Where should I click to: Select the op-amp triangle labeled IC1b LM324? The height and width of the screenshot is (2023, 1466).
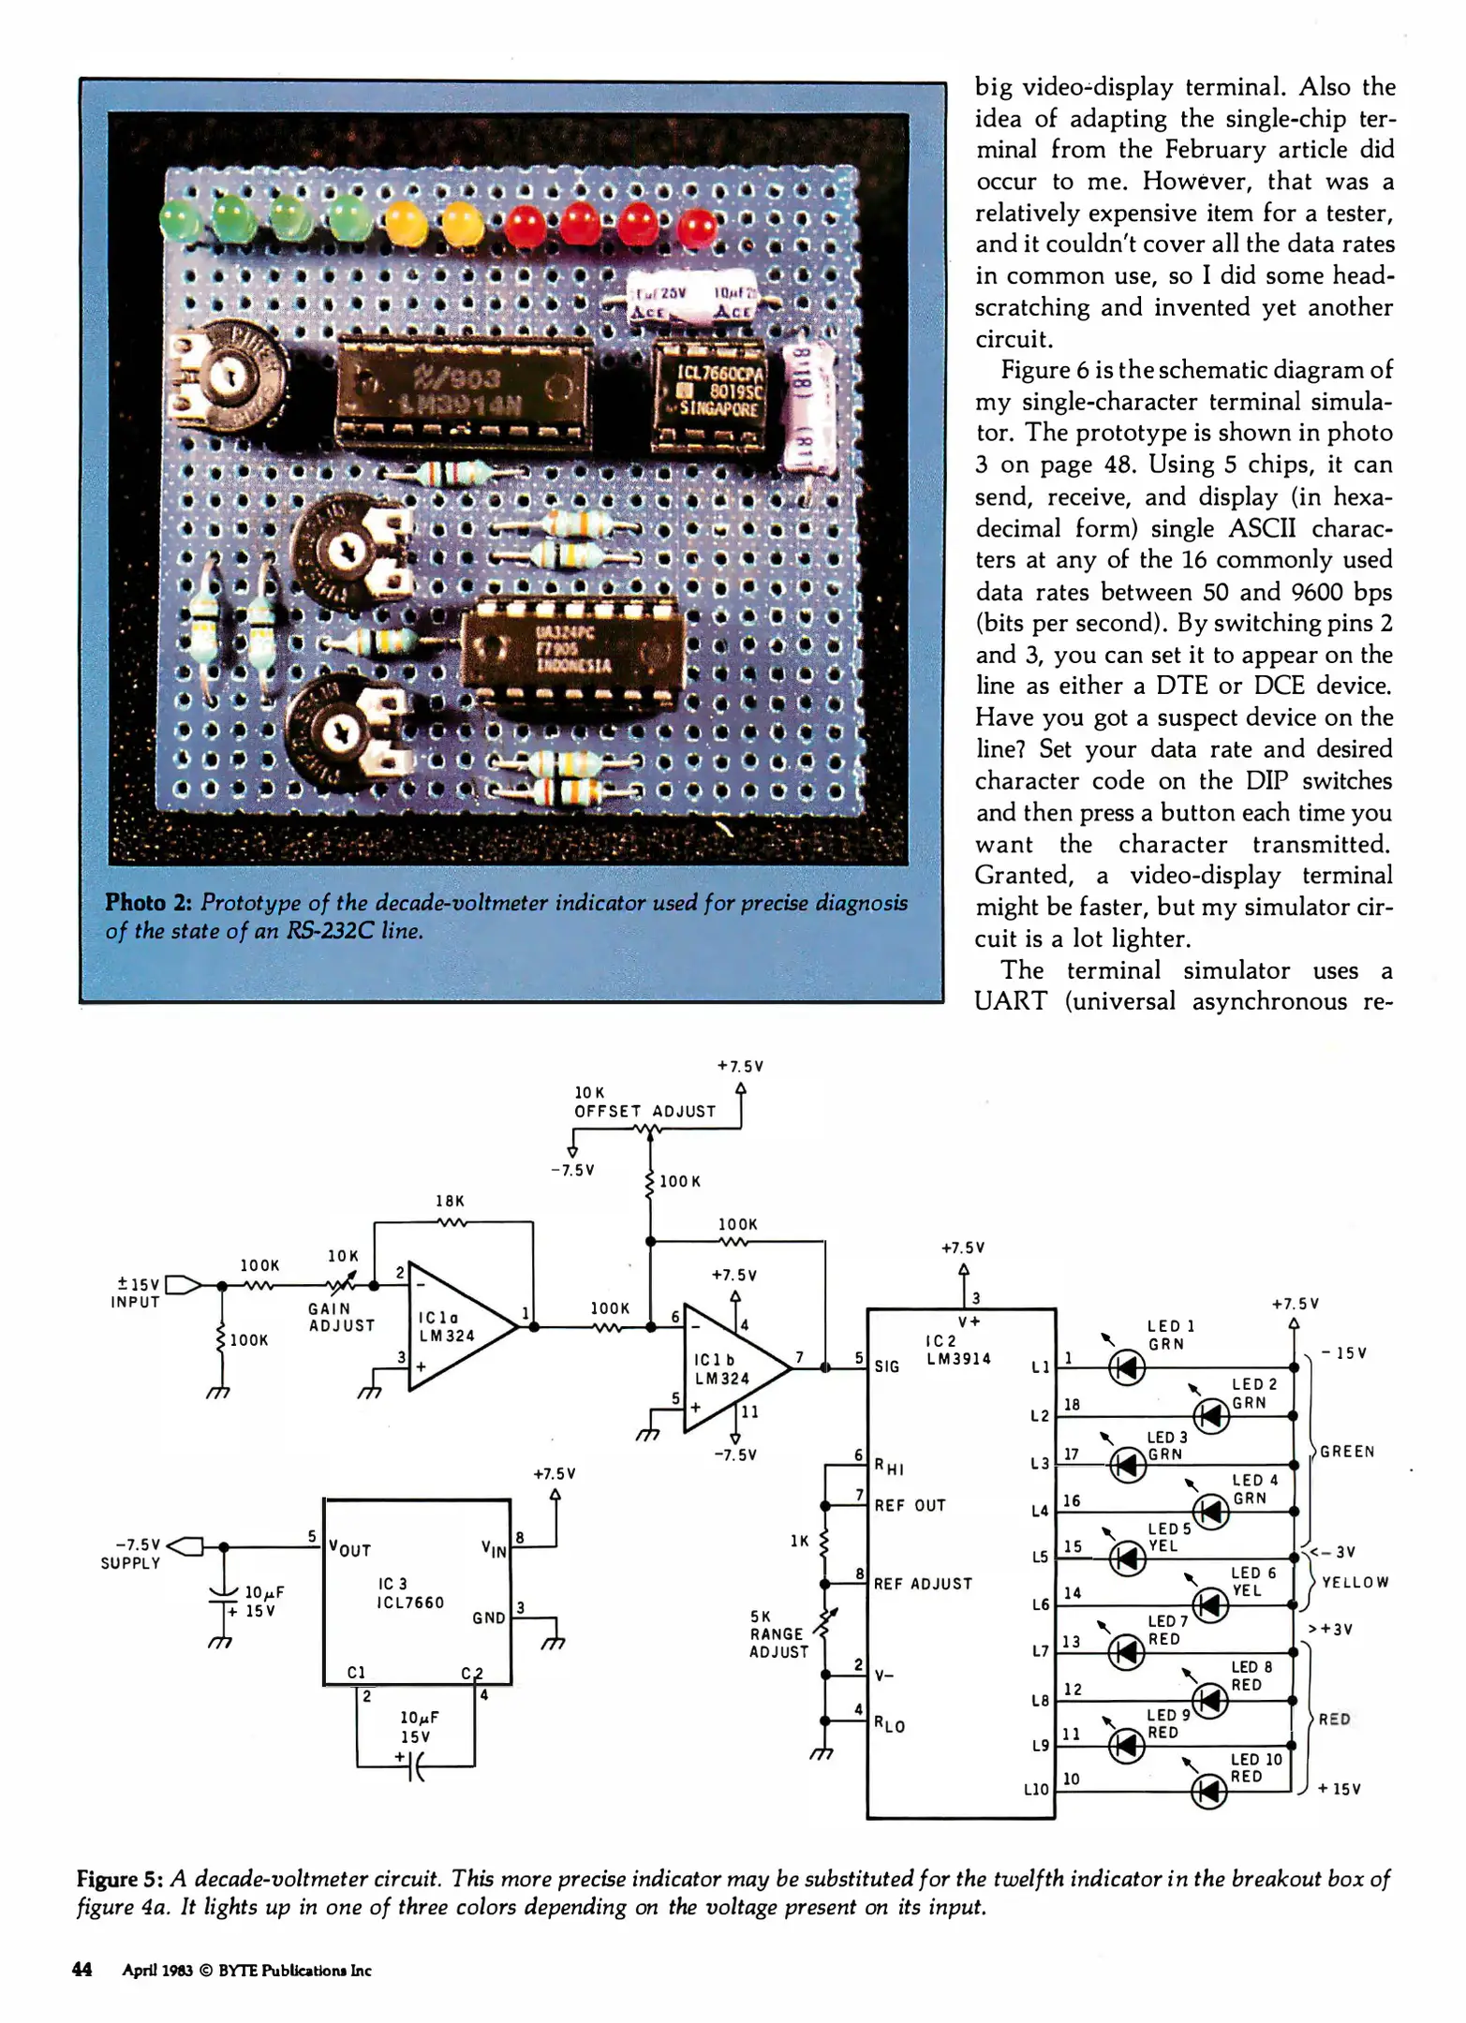pos(731,1368)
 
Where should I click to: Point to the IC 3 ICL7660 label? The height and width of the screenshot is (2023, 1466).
pos(410,1593)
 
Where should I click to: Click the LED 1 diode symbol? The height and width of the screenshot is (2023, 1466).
pos(1126,1368)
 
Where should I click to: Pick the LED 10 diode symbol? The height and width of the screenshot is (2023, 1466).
pos(1209,1793)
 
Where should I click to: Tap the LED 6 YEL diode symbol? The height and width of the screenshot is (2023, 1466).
pos(1210,1605)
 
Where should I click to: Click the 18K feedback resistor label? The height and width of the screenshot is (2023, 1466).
pos(450,1201)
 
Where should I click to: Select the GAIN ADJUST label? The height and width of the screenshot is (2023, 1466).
pos(342,1317)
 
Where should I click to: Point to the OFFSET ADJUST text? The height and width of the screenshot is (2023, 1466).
pos(644,1112)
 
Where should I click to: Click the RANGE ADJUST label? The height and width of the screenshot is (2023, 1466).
pos(778,1634)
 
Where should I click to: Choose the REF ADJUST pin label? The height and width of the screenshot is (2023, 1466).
pos(923,1584)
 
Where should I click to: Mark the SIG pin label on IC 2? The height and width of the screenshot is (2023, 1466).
pos(886,1366)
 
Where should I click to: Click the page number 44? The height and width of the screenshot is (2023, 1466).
pos(82,1969)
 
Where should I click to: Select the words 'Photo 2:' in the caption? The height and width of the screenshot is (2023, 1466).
pos(148,902)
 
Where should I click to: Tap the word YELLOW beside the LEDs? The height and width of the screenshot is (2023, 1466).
pos(1355,1582)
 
